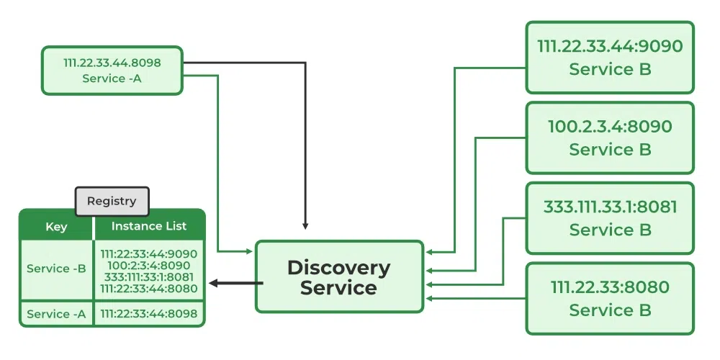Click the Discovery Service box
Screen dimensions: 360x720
[339, 277]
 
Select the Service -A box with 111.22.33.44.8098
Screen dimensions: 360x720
[112, 71]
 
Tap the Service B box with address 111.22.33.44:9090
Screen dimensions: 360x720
[610, 58]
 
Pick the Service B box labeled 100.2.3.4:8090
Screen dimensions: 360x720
[610, 138]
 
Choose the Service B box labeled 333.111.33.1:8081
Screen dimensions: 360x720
[610, 218]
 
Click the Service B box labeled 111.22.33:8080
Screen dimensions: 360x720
[610, 299]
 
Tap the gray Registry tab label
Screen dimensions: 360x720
[112, 201]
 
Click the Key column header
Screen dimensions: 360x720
[56, 227]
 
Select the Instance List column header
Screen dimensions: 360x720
[149, 226]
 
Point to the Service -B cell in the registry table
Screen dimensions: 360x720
[56, 269]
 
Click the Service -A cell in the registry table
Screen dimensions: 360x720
[56, 314]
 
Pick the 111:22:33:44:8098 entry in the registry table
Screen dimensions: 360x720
[149, 314]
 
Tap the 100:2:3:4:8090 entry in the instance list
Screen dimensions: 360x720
[149, 266]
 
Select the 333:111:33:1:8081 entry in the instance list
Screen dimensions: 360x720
[149, 277]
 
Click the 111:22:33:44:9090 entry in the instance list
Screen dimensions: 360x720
[149, 254]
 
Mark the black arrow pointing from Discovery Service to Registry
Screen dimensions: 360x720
[234, 283]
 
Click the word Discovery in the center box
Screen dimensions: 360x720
[338, 268]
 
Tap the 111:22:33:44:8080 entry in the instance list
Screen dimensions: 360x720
[149, 289]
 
